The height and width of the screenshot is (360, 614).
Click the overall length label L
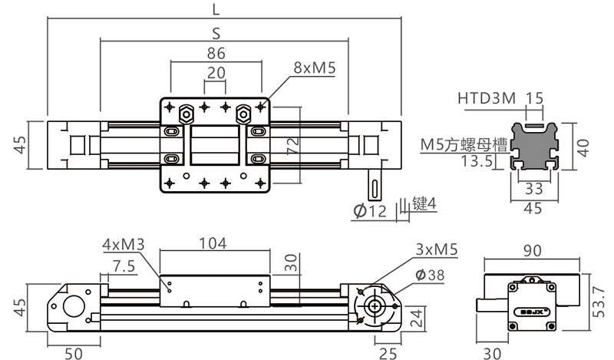click(x=216, y=9)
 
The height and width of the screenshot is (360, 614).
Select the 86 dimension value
click(x=216, y=54)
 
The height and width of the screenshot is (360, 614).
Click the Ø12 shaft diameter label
click(x=371, y=210)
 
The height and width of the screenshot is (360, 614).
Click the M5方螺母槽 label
click(x=463, y=144)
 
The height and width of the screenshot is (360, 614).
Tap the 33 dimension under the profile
click(x=534, y=188)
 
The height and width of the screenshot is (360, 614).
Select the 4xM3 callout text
click(x=123, y=244)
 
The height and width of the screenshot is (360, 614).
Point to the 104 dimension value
click(x=213, y=244)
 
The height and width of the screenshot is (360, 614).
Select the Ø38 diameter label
click(x=431, y=275)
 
